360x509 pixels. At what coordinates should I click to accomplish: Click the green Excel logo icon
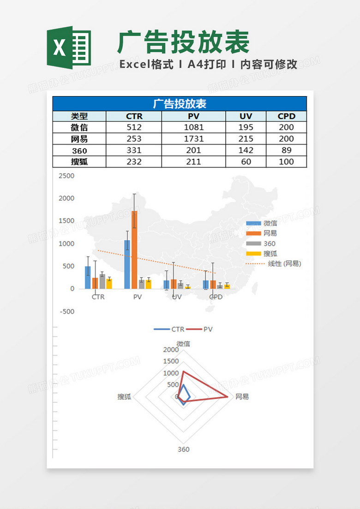click(x=69, y=48)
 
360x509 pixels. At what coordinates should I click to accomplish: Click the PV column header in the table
click(x=194, y=116)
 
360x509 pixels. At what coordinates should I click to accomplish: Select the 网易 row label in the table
click(x=79, y=139)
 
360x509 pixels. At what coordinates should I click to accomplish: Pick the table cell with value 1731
click(x=194, y=139)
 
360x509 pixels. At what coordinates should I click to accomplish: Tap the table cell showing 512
click(x=134, y=127)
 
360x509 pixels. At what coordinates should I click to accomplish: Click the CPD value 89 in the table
click(x=286, y=150)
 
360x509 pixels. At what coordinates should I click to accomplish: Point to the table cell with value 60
click(x=246, y=162)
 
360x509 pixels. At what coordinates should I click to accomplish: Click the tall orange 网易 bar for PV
click(x=134, y=249)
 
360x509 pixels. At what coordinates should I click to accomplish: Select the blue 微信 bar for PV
click(x=127, y=264)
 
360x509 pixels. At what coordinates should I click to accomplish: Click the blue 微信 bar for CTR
click(x=88, y=277)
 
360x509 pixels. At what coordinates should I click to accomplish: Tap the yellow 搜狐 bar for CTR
click(x=109, y=284)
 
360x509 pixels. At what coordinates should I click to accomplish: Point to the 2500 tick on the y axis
click(x=66, y=176)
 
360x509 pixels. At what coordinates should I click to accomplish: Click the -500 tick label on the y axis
click(x=66, y=311)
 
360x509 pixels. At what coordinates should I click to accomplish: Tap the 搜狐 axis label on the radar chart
click(x=125, y=396)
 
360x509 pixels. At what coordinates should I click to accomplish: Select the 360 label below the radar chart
click(x=183, y=449)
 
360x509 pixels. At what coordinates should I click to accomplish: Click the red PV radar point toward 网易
click(x=228, y=396)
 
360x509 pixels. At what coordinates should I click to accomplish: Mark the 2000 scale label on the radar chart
click(x=171, y=350)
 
